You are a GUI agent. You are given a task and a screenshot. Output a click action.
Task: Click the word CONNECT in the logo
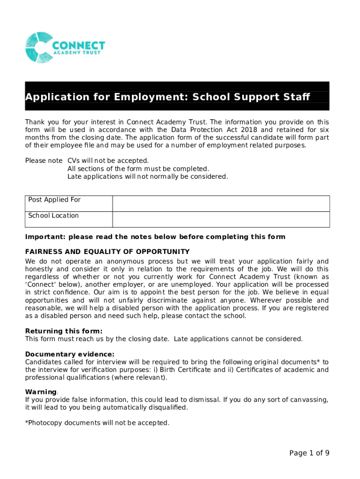[79, 45]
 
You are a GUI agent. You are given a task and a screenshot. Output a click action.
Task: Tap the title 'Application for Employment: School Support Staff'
[167, 97]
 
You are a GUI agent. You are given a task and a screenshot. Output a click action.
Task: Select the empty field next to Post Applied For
[221, 203]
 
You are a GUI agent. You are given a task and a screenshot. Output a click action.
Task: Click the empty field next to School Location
[221, 219]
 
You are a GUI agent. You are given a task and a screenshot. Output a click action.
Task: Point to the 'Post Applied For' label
[54, 200]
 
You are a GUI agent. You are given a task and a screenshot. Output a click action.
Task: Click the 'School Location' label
[53, 216]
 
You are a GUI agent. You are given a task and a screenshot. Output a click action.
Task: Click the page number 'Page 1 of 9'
[309, 452]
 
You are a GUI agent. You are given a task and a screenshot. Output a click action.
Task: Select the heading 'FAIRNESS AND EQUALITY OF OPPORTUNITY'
[107, 252]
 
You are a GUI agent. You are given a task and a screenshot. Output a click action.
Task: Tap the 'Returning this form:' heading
[64, 331]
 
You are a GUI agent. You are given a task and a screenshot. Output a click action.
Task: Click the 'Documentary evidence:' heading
[69, 354]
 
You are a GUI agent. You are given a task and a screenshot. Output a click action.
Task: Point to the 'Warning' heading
[41, 392]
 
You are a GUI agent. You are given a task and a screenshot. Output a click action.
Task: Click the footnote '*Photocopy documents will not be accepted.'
[97, 423]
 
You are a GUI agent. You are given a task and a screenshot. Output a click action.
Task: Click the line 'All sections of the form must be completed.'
[138, 168]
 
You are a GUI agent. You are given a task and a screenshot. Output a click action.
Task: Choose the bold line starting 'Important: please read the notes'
[155, 237]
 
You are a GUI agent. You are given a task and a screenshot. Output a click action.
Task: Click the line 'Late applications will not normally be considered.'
[148, 176]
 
